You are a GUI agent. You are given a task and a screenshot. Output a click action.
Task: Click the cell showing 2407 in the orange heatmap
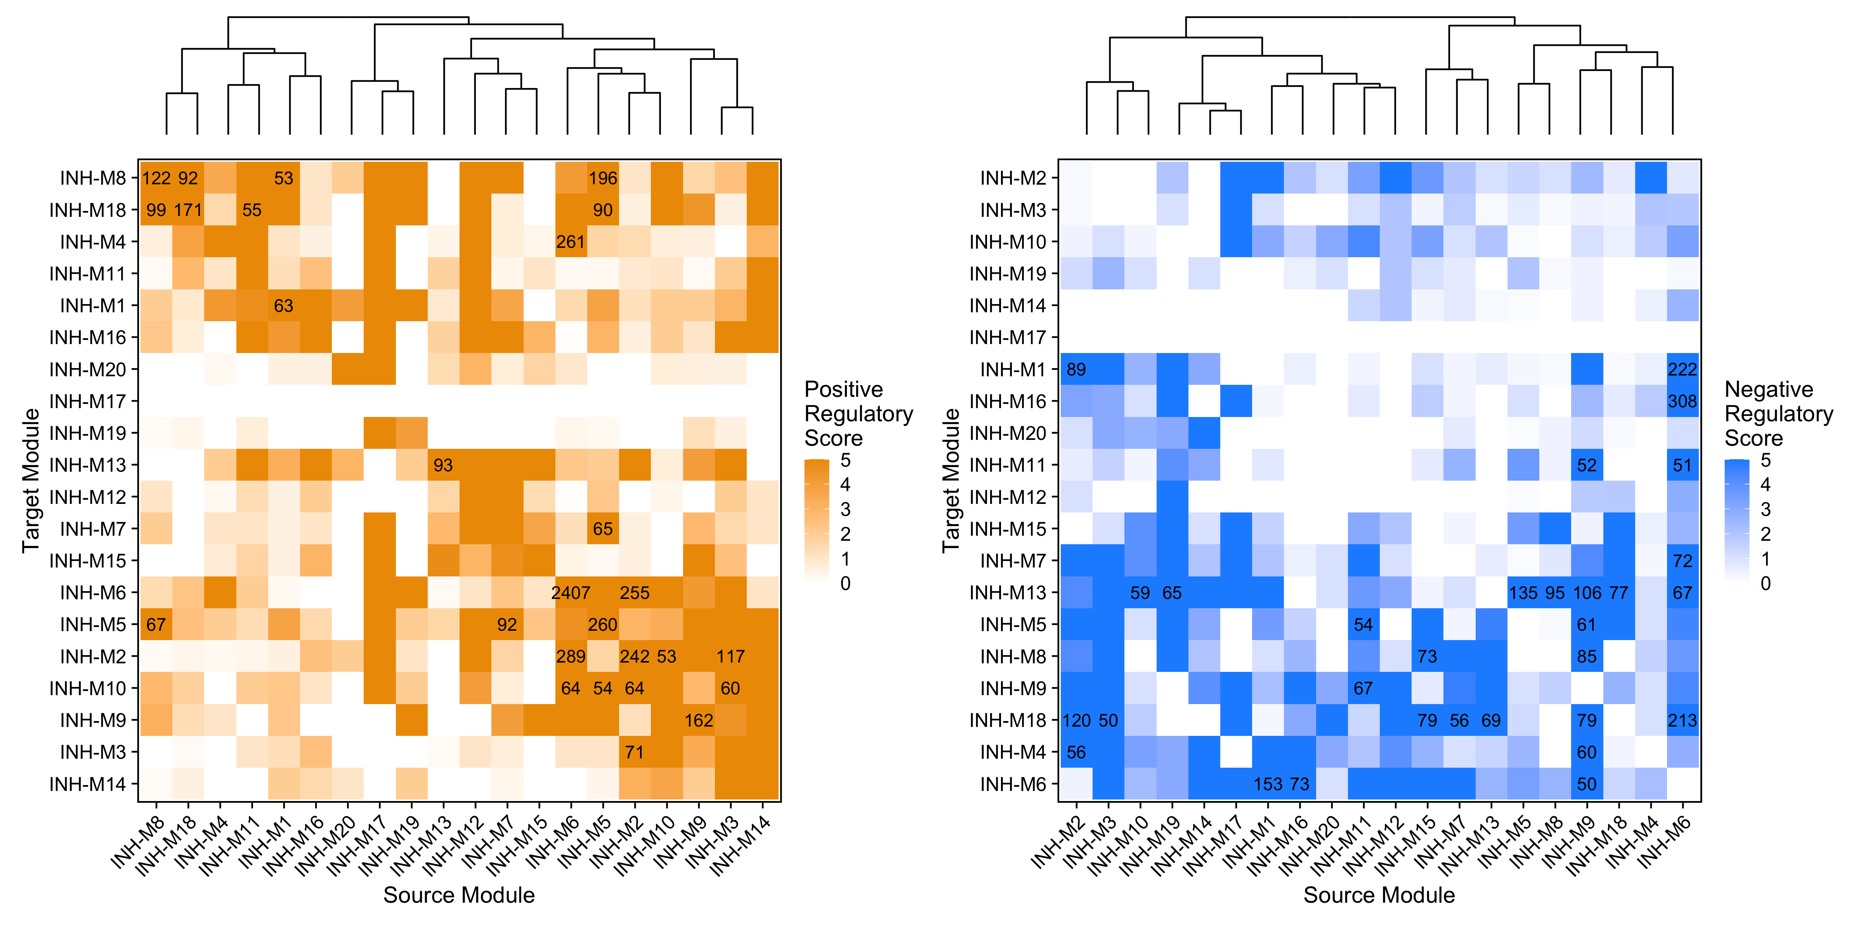[571, 593]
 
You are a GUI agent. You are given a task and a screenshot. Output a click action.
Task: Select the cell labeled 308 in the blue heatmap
[1682, 401]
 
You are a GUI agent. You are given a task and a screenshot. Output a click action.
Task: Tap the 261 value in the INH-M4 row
[571, 241]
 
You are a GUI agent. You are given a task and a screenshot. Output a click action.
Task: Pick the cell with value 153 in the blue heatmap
[1268, 784]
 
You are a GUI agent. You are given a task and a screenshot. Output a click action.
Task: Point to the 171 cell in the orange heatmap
[188, 209]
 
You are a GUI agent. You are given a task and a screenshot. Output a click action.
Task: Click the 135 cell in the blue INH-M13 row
[1523, 593]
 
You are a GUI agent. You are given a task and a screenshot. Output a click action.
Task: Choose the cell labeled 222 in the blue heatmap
[1682, 369]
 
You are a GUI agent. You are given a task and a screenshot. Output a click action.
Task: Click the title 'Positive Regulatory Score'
[859, 414]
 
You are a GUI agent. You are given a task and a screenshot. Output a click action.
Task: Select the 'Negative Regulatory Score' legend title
[1778, 414]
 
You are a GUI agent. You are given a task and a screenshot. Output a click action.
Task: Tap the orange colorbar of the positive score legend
[817, 521]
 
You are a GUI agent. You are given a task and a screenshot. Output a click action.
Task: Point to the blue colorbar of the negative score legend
[1736, 521]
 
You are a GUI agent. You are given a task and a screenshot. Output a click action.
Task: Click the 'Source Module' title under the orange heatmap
[458, 895]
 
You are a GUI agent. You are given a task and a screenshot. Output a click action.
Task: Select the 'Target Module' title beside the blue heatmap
[950, 481]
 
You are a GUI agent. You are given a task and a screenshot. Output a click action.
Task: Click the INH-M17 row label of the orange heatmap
[87, 401]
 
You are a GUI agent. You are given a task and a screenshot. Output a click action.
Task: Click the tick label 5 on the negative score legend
[1765, 460]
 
